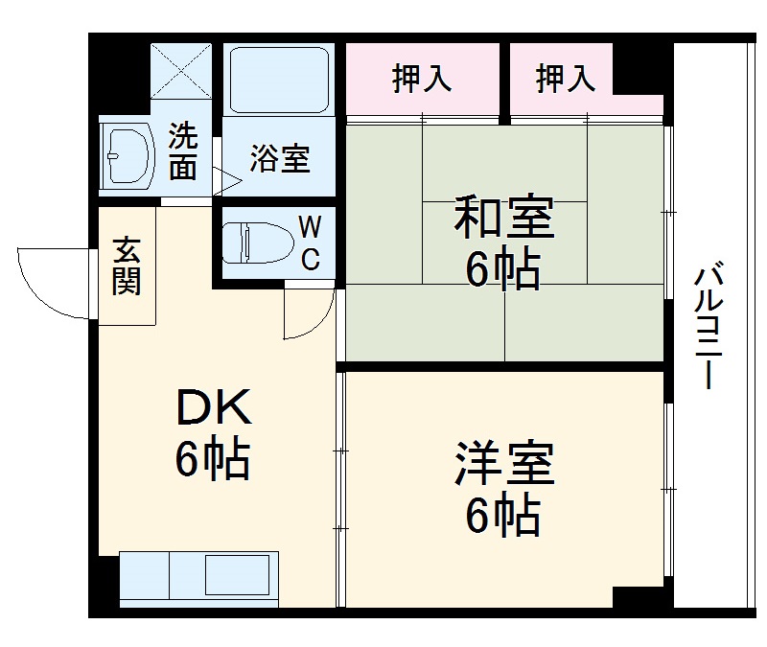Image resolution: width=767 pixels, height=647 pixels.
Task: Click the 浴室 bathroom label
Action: pos(281,159)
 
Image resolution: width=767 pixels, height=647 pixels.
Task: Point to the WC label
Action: pos(310,243)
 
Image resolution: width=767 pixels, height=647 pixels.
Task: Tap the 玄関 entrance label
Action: pos(127,266)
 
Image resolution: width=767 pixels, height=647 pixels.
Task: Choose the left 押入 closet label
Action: pos(422,79)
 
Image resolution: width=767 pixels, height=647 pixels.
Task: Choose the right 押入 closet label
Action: pos(566,79)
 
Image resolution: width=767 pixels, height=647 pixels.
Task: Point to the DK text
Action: pos(213,409)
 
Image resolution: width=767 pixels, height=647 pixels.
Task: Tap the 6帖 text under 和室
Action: pos(503,270)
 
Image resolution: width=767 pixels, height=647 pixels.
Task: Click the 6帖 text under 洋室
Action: pos(503,518)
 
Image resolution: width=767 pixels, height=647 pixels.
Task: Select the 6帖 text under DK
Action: pos(213,461)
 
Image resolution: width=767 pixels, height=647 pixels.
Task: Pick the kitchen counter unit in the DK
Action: pos(199,578)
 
